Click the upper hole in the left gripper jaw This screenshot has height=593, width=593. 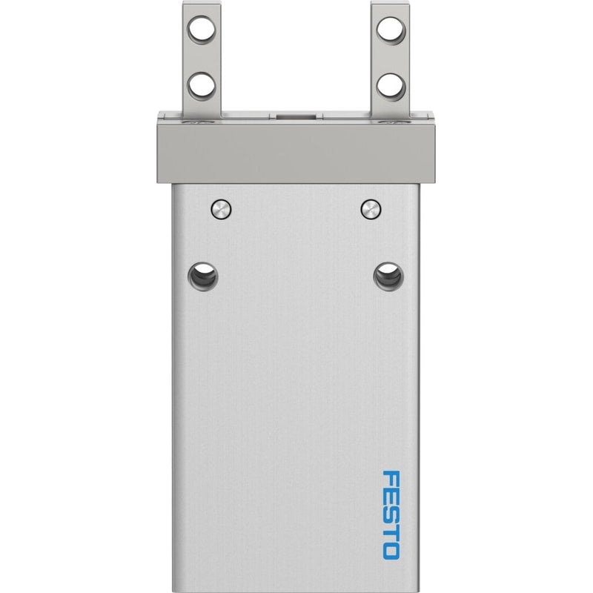[x=202, y=29]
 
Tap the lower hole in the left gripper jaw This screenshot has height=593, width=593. [x=202, y=86]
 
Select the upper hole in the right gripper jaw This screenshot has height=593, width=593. [x=391, y=30]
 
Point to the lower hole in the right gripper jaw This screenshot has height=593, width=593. [x=391, y=87]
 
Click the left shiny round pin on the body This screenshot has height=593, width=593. [x=221, y=209]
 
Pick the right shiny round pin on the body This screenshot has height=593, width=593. [x=371, y=209]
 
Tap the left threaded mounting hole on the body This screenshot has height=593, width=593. [x=203, y=276]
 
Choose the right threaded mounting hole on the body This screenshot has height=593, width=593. [x=388, y=276]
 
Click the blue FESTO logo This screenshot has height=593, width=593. [x=391, y=514]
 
